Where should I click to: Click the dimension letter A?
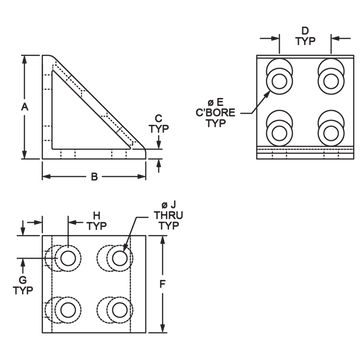click(x=25, y=107)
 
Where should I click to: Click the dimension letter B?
click(x=94, y=177)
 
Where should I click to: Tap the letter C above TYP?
click(x=159, y=118)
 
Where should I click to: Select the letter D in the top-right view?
click(x=305, y=31)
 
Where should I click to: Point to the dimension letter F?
click(x=162, y=284)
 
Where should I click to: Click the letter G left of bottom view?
click(x=23, y=280)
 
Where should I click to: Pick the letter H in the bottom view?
click(x=97, y=215)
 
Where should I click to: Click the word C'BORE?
click(x=215, y=112)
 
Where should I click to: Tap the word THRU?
click(x=168, y=215)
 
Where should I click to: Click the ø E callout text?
click(x=215, y=102)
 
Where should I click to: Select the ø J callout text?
click(x=168, y=205)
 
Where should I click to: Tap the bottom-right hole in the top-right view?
click(x=330, y=134)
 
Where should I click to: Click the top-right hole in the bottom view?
click(x=120, y=258)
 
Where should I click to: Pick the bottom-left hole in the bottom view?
click(x=68, y=310)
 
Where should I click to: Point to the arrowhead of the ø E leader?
click(x=268, y=94)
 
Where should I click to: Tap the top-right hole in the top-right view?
click(x=330, y=81)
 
